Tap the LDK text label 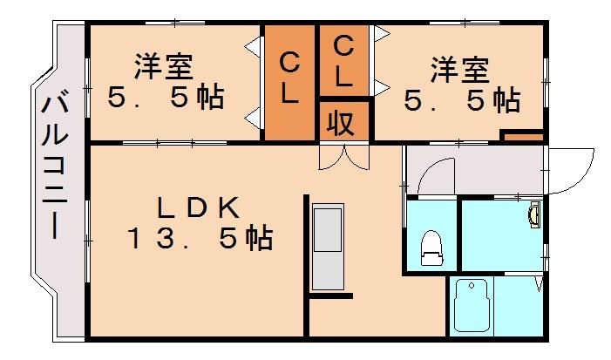[x=197, y=207]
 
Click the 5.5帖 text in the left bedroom [x=165, y=98]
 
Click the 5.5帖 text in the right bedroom [x=461, y=101]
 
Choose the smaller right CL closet [x=343, y=61]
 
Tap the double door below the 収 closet [x=343, y=156]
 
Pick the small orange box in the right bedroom [x=523, y=137]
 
